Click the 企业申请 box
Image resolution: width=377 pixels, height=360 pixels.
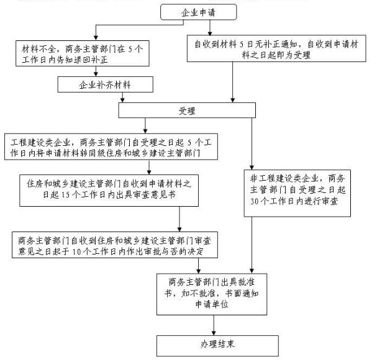(x=198, y=12)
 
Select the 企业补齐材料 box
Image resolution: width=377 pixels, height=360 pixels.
(x=105, y=84)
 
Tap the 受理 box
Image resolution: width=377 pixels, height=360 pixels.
(x=187, y=110)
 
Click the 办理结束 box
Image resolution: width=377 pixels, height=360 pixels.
(x=217, y=346)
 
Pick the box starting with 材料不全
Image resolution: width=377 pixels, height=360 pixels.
(x=83, y=53)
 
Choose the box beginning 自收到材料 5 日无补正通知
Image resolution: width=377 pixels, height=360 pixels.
(x=276, y=48)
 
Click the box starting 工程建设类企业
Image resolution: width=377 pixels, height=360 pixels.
(x=111, y=147)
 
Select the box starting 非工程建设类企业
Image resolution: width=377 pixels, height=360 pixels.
(x=297, y=193)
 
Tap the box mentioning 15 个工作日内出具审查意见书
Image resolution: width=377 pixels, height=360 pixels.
(x=109, y=191)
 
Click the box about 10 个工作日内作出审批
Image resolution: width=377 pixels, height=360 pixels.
(x=115, y=245)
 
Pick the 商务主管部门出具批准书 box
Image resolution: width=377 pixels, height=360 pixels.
(x=212, y=294)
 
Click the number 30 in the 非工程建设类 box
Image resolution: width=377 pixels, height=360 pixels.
(x=254, y=201)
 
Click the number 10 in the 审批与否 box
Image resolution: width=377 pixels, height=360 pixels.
(x=76, y=251)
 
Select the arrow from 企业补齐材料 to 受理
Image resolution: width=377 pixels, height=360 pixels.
(x=122, y=97)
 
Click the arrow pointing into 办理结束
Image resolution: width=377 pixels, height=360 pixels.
(x=214, y=325)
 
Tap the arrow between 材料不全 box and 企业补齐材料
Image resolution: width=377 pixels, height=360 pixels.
(x=96, y=71)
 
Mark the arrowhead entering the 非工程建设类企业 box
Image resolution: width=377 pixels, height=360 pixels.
(x=252, y=168)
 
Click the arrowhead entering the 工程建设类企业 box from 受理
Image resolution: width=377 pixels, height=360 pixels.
(x=145, y=131)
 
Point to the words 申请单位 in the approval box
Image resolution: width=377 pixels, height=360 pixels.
(x=212, y=305)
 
